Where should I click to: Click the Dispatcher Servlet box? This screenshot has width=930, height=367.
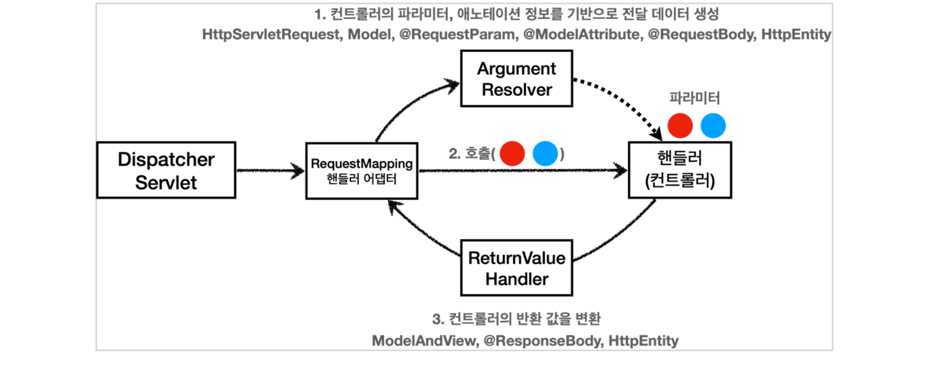point(166,170)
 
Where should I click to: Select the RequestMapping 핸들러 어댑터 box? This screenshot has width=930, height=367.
point(361,171)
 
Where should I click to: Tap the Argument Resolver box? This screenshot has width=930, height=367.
point(516,79)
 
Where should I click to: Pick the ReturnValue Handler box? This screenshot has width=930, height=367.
point(516,268)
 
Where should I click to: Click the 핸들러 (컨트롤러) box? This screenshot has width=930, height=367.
point(680,170)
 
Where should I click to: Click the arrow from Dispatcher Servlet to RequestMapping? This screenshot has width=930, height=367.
point(270,171)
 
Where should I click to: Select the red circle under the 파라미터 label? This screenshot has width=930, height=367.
point(680,126)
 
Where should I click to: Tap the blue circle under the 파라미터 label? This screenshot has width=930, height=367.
point(713,126)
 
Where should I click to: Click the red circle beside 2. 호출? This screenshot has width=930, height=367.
point(512,153)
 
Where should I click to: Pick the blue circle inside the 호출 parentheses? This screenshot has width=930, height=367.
point(545,153)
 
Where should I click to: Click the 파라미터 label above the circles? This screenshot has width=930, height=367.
point(694,98)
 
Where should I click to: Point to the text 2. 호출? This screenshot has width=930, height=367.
point(470,153)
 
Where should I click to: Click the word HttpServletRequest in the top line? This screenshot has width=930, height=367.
point(271,35)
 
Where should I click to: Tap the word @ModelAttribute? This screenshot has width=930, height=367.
point(582,35)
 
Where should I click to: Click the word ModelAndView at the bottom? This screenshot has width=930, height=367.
point(425,341)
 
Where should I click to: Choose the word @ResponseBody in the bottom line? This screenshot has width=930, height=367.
point(543,341)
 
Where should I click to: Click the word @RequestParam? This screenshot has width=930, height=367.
point(458,35)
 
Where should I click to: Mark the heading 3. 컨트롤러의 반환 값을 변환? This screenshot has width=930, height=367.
point(516,318)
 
